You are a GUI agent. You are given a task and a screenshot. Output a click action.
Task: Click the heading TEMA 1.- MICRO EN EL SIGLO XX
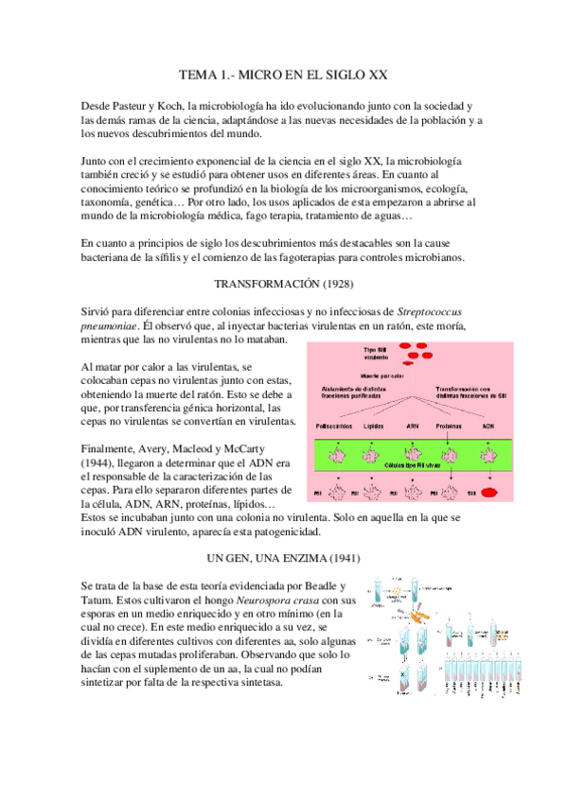coord(283,74)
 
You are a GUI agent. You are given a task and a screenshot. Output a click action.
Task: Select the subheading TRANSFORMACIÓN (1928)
coord(283,284)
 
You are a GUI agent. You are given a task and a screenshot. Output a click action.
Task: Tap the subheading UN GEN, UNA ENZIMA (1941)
coord(283,559)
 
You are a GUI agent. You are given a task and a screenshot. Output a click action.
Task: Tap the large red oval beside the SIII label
coord(490,493)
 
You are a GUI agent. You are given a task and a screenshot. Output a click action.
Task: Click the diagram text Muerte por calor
coord(384,376)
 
